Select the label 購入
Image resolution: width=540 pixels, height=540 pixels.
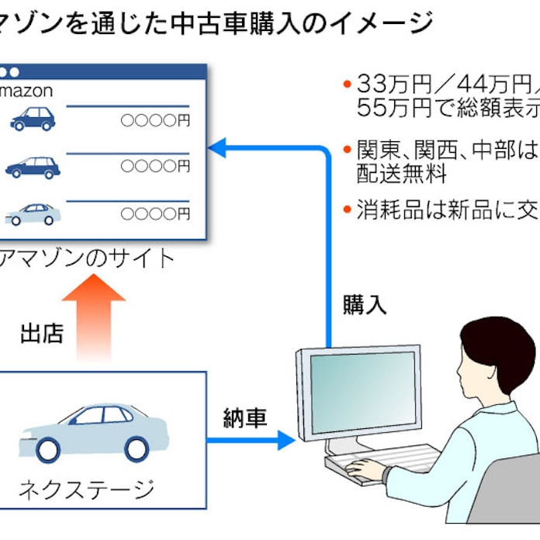[x=365, y=304]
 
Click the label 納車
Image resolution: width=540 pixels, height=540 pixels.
[x=244, y=419]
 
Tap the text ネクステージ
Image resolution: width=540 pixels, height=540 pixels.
[x=87, y=490]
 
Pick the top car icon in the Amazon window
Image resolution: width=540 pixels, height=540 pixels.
[x=33, y=119]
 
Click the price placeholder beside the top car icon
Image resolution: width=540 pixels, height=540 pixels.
[x=155, y=120]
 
